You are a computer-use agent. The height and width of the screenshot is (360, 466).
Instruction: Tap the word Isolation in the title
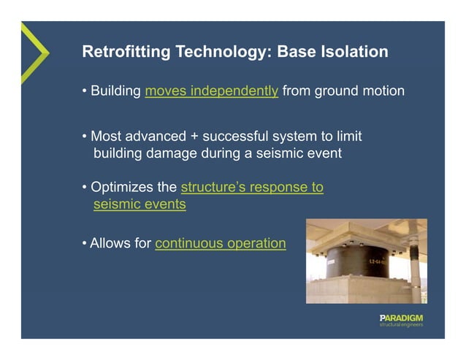click(354, 53)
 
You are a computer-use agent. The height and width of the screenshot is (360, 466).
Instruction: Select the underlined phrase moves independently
click(212, 92)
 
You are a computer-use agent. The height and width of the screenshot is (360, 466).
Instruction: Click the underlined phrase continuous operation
click(220, 243)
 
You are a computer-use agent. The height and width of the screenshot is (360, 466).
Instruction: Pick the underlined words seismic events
click(140, 205)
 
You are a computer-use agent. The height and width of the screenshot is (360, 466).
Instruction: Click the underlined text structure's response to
click(252, 188)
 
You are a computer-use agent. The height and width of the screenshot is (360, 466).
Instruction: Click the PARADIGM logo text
click(401, 318)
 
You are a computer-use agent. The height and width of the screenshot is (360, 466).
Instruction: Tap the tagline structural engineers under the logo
click(401, 326)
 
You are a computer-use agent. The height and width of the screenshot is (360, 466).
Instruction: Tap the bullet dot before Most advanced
click(85, 137)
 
